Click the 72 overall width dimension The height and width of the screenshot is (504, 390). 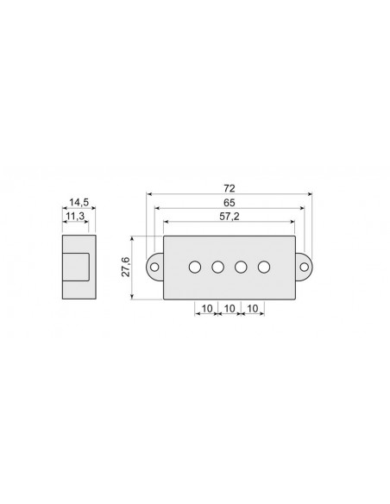pyautogui.click(x=229, y=187)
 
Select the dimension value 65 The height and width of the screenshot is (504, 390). pyautogui.click(x=229, y=202)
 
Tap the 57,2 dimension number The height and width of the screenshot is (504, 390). pyautogui.click(x=229, y=217)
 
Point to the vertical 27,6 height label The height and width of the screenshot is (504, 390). pyautogui.click(x=126, y=267)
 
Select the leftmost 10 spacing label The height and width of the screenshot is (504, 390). pyautogui.click(x=207, y=307)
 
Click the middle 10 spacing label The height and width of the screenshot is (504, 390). pyautogui.click(x=230, y=307)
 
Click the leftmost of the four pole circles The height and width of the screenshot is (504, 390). pyautogui.click(x=195, y=267)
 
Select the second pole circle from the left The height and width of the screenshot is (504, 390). pyautogui.click(x=218, y=267)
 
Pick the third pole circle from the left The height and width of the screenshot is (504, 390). pyautogui.click(x=242, y=267)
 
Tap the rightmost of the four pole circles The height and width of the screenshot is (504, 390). pyautogui.click(x=264, y=267)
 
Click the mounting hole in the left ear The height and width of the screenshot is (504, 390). pyautogui.click(x=155, y=267)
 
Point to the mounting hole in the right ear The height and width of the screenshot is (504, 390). pyautogui.click(x=304, y=267)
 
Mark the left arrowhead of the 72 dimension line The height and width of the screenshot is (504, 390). pyautogui.click(x=149, y=194)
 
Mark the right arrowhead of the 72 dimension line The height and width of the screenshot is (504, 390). pyautogui.click(x=310, y=194)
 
